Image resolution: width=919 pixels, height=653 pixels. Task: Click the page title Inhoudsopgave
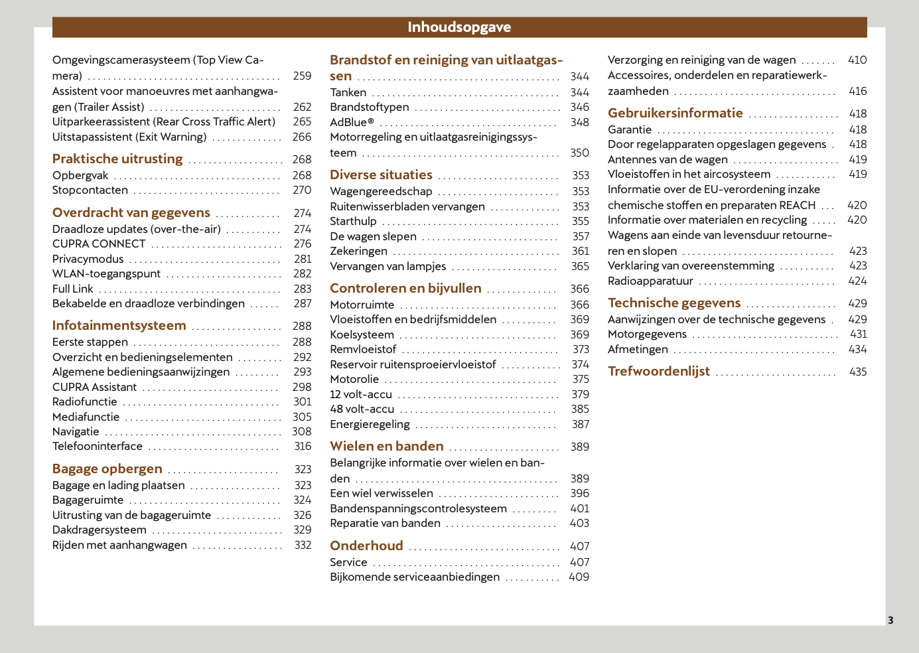459,27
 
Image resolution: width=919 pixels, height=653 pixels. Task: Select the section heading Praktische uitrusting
117,159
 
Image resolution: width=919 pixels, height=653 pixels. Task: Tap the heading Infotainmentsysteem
119,326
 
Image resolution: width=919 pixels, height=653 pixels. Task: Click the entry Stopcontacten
90,190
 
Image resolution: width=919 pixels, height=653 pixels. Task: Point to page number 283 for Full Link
303,289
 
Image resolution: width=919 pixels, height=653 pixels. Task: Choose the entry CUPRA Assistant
94,388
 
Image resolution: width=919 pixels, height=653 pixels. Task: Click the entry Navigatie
76,432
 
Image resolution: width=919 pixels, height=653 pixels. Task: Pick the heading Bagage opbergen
107,469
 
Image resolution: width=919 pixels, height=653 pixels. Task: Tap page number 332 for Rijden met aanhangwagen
303,545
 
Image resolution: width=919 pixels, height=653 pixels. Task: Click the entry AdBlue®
352,123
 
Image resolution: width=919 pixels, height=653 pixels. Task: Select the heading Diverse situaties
382,175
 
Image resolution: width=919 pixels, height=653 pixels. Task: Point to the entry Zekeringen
359,252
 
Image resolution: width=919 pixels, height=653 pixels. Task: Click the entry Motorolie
355,380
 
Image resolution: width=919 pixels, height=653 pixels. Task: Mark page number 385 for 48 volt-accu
581,409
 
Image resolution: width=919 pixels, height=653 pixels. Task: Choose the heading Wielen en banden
387,447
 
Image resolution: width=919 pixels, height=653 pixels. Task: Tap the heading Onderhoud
367,546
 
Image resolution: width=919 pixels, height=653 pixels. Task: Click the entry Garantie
630,130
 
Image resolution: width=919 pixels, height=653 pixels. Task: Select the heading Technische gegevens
674,303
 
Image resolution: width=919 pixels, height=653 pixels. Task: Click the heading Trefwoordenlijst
659,372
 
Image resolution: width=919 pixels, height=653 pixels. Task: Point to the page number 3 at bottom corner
890,620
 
